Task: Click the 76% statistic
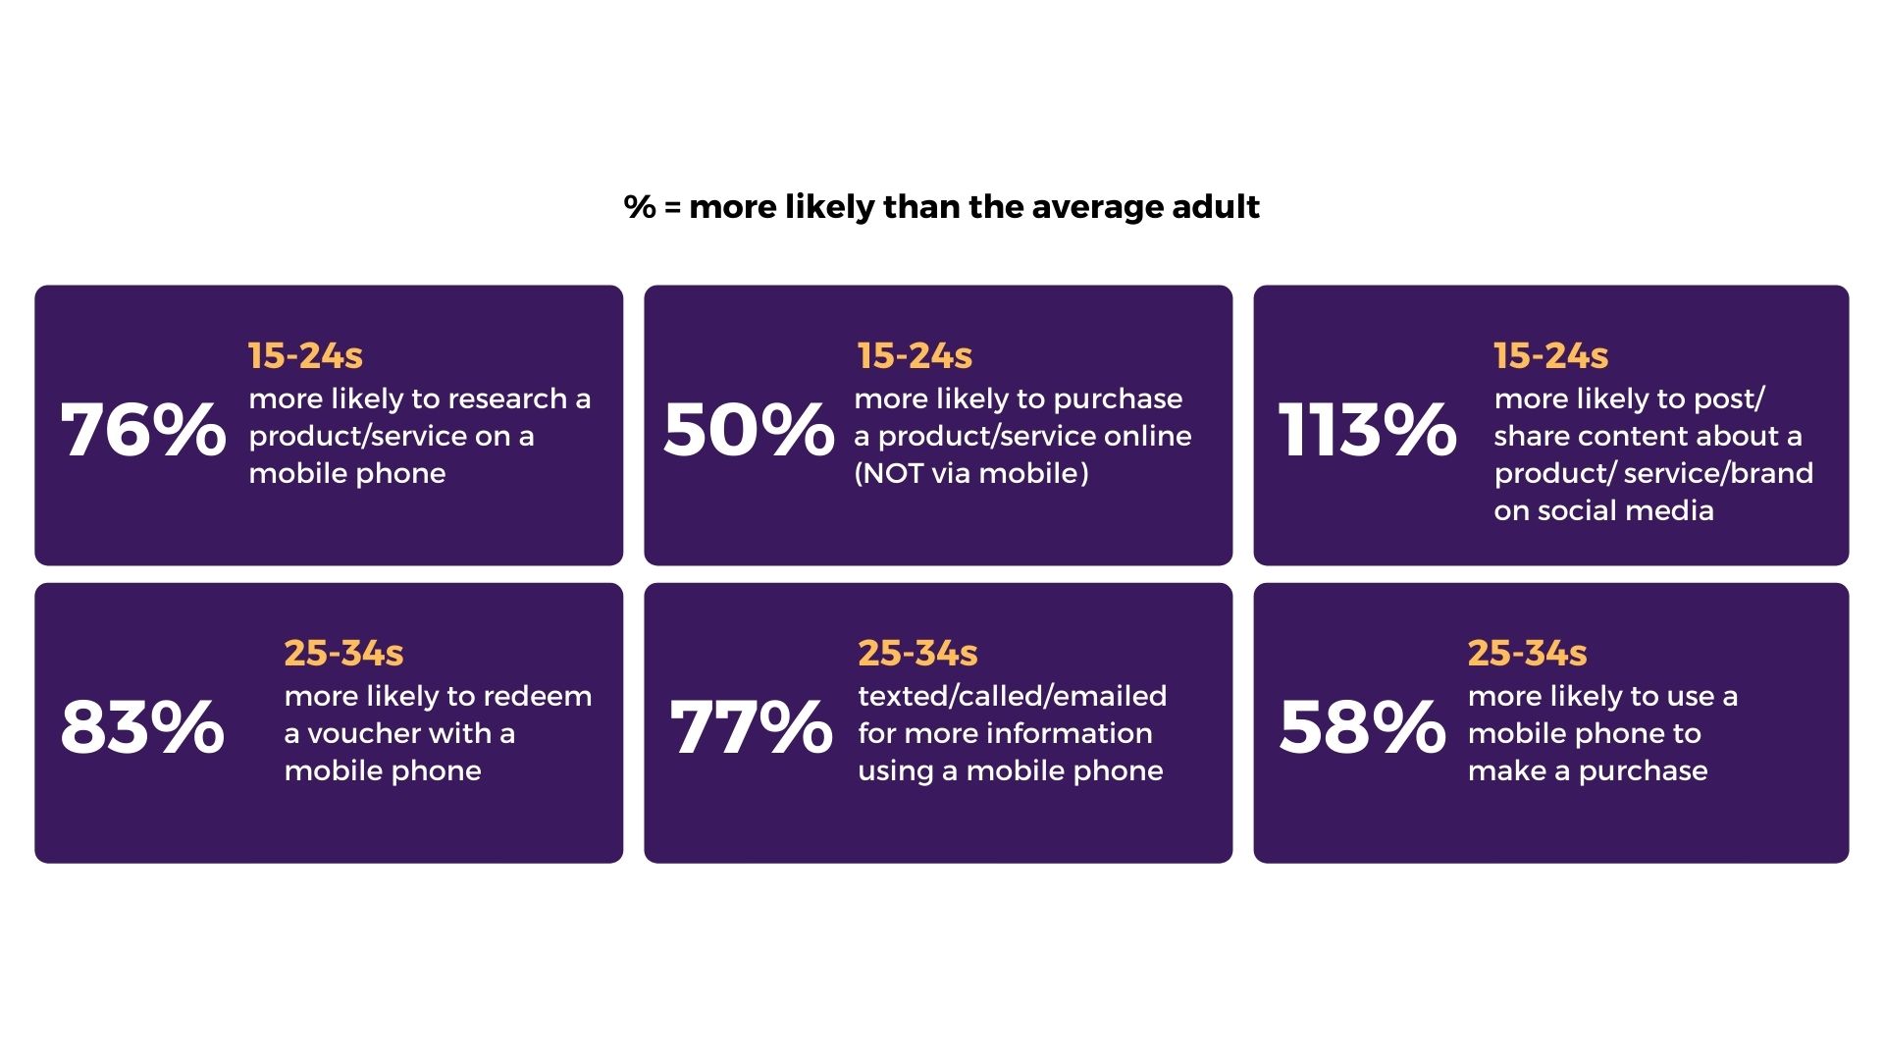point(143,430)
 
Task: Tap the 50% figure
point(749,430)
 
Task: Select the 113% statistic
point(1367,430)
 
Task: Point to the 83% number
point(142,727)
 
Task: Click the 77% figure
point(752,727)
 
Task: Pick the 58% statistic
point(1362,727)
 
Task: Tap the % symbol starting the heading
point(640,207)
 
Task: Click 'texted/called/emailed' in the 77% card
point(1013,697)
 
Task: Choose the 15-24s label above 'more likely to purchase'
point(915,355)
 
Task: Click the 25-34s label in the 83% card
point(343,653)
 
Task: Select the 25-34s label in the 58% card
point(1527,653)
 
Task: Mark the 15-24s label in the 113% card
point(1550,355)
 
